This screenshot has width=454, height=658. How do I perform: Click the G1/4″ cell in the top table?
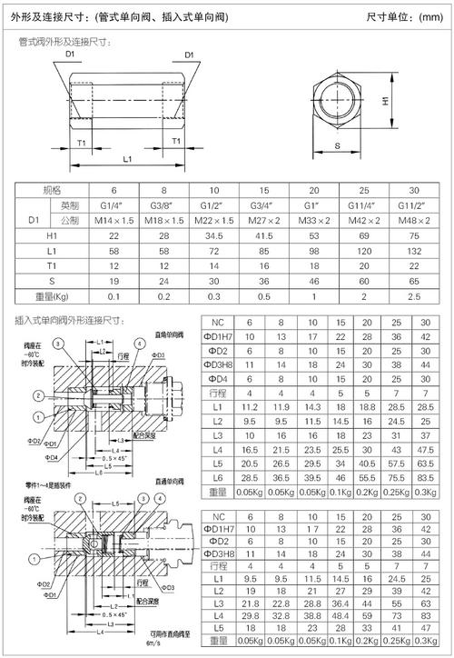(114, 205)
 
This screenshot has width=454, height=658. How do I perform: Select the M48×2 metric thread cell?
(414, 220)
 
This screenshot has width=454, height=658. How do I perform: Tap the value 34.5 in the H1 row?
(213, 234)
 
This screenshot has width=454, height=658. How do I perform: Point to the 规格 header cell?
(54, 190)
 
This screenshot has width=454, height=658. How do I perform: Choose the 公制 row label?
(68, 220)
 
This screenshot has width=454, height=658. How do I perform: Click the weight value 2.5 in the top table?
(414, 295)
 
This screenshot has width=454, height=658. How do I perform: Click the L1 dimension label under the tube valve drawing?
(128, 158)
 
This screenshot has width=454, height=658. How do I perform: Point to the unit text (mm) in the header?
(421, 17)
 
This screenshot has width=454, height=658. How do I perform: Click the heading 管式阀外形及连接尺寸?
(65, 41)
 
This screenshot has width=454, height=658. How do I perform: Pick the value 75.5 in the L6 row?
(396, 477)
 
